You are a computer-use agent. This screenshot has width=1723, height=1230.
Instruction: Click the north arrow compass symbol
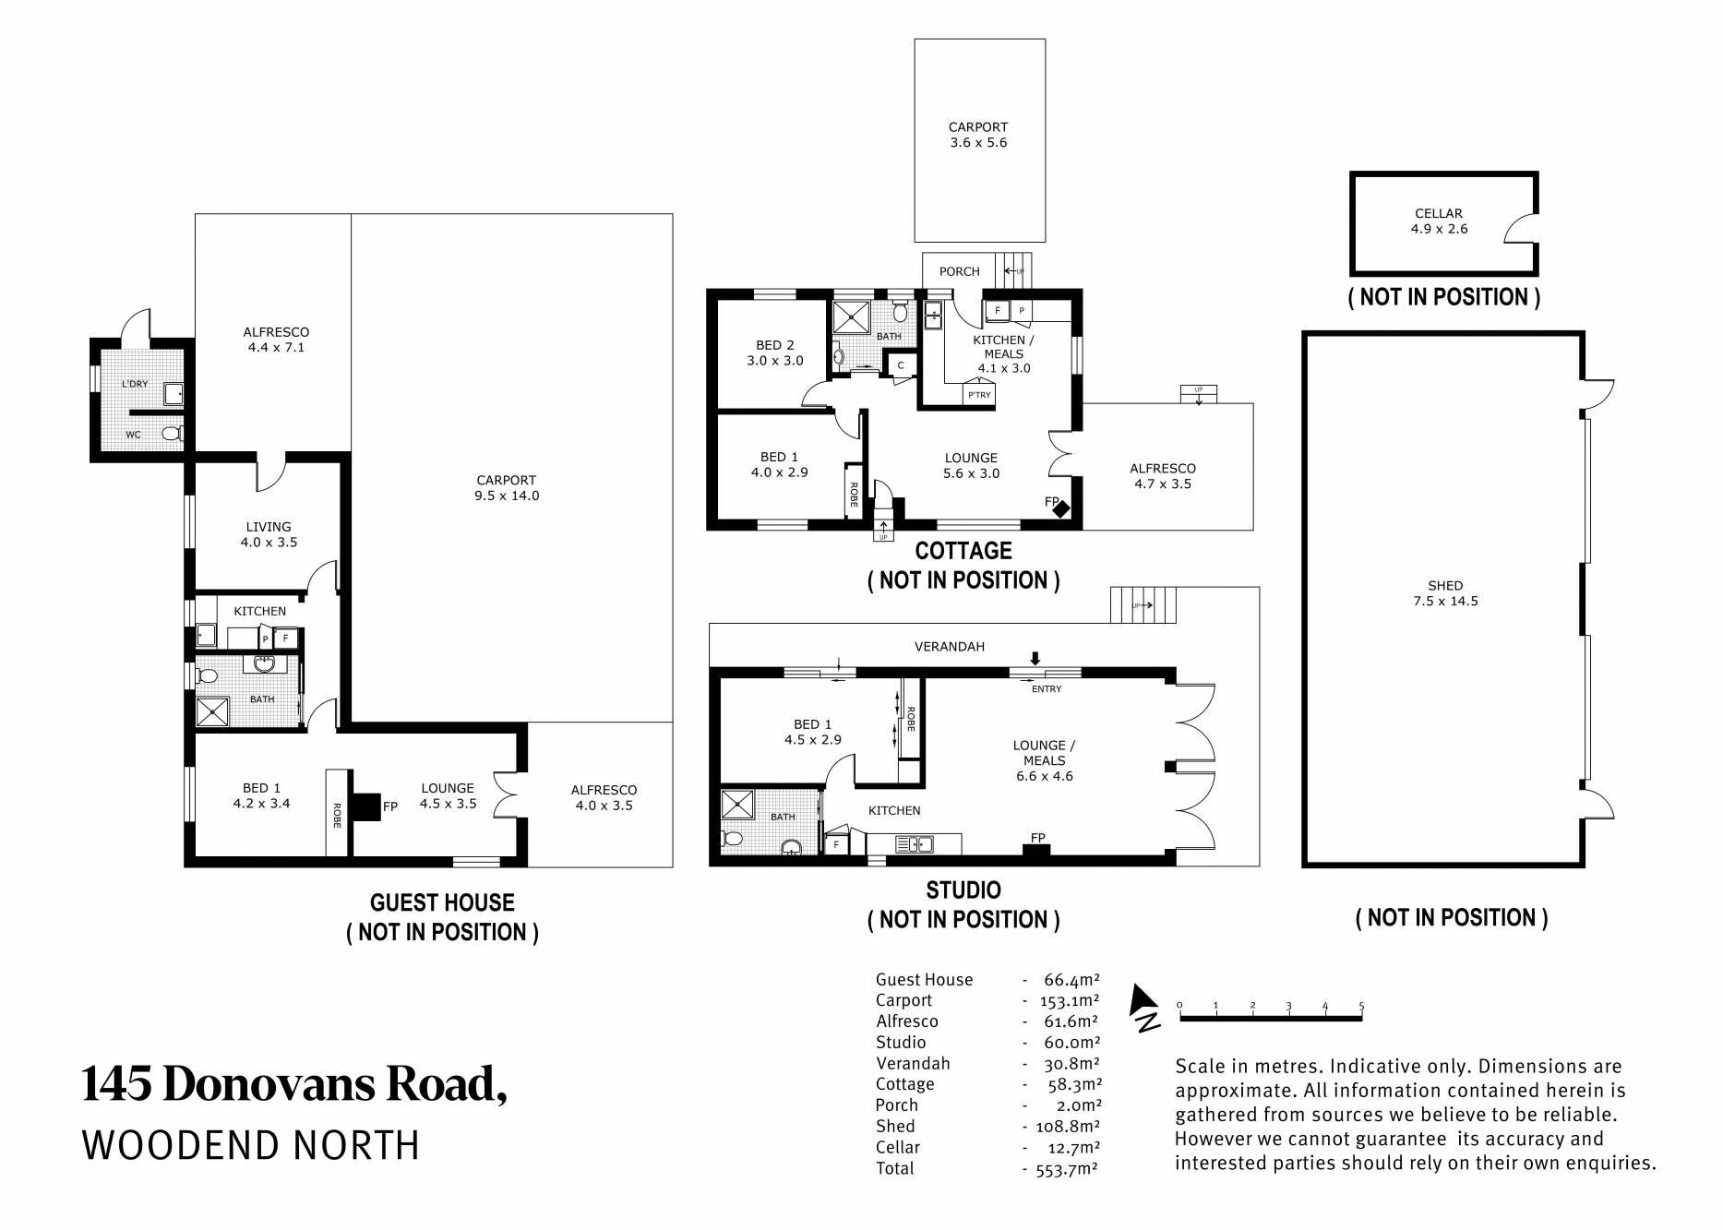tap(1145, 1007)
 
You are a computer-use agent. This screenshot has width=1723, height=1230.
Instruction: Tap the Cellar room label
tap(1439, 213)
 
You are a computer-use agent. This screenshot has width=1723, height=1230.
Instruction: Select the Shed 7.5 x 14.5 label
tap(1445, 592)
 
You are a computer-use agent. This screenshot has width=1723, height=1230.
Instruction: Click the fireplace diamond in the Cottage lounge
tap(1062, 508)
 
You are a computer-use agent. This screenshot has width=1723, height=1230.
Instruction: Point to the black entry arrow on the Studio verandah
tap(1035, 658)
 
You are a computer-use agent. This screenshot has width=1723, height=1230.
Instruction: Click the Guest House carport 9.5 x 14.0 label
tap(507, 487)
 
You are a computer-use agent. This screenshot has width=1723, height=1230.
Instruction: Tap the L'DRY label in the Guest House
tap(136, 383)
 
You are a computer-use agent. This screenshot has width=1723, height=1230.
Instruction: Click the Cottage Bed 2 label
tap(774, 345)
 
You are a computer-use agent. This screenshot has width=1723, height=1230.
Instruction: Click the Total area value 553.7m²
tap(1065, 1168)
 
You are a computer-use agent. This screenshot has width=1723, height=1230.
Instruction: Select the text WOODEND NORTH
tap(251, 1146)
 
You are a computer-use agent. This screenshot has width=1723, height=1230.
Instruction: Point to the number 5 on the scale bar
tap(1361, 1006)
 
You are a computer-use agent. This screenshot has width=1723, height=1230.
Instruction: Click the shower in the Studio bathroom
tap(737, 804)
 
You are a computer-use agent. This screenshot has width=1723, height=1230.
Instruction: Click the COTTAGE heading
tap(963, 551)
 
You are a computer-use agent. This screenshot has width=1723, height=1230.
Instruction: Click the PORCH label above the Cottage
tap(960, 271)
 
